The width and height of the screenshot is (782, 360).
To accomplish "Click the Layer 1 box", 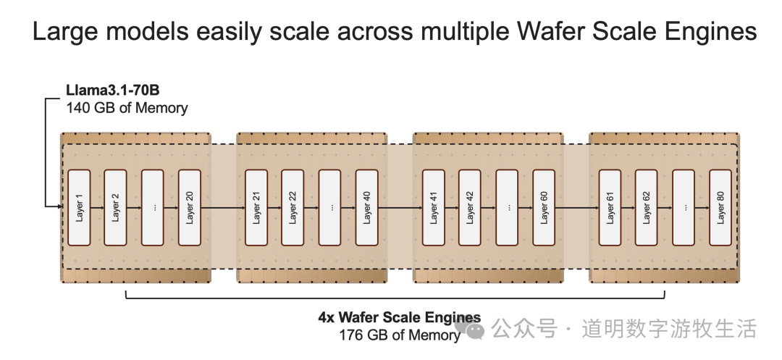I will [79, 207].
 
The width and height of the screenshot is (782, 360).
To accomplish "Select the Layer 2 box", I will [115, 207].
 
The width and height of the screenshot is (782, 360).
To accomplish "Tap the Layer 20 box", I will [189, 207].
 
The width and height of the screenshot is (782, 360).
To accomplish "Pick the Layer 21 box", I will [256, 207].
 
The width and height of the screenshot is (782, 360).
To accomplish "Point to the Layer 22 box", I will [293, 207].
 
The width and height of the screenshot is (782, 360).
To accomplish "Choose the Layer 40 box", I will [366, 207].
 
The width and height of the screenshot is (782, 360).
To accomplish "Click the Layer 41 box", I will [434, 207].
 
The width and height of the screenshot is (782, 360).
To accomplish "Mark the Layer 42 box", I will [470, 207].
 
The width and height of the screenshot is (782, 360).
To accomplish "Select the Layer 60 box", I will [544, 207].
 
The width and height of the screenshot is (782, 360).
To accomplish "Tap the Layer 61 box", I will [610, 207].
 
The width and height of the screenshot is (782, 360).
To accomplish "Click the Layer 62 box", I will [647, 207].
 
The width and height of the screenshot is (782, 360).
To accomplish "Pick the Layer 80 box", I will [720, 207].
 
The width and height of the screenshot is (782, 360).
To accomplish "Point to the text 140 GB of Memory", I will [127, 108].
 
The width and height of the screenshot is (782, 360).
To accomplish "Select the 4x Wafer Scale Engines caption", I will [399, 317].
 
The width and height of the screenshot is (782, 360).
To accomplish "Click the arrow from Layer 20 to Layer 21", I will [222, 207].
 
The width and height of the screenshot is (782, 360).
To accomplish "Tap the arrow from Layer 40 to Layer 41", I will [400, 207].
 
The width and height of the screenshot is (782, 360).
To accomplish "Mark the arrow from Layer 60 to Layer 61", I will [577, 207].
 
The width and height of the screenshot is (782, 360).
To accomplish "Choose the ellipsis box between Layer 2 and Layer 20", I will [153, 207].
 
